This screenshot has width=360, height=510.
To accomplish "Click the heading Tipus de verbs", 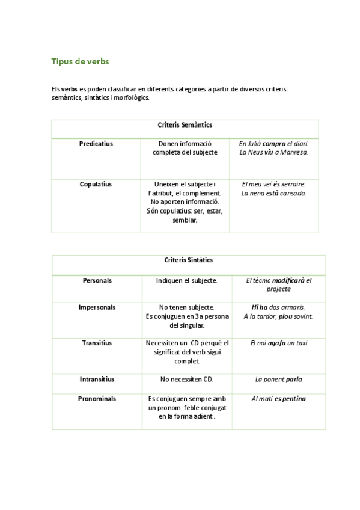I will [80, 61].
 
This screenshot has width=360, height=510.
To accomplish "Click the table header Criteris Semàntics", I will [185, 125].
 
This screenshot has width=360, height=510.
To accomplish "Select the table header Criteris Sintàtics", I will [188, 260].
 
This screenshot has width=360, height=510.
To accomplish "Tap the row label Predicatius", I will [96, 144].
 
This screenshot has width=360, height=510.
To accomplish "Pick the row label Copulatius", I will [96, 185].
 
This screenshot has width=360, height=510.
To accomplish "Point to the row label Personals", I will [97, 280].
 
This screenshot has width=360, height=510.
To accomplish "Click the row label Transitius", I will [97, 343].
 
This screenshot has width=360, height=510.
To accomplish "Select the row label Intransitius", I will [97, 379].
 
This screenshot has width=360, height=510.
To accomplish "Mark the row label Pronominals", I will [97, 399].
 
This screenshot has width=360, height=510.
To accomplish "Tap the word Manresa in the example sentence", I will [293, 152].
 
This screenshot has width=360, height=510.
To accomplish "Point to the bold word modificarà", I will [288, 280].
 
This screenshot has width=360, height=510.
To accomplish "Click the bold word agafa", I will [278, 343].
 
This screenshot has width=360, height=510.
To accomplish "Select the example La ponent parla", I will [278, 379].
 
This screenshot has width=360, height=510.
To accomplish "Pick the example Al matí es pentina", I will [278, 399].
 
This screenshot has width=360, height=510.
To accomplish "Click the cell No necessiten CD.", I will [186, 379].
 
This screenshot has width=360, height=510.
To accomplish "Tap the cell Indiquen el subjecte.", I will [186, 280].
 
